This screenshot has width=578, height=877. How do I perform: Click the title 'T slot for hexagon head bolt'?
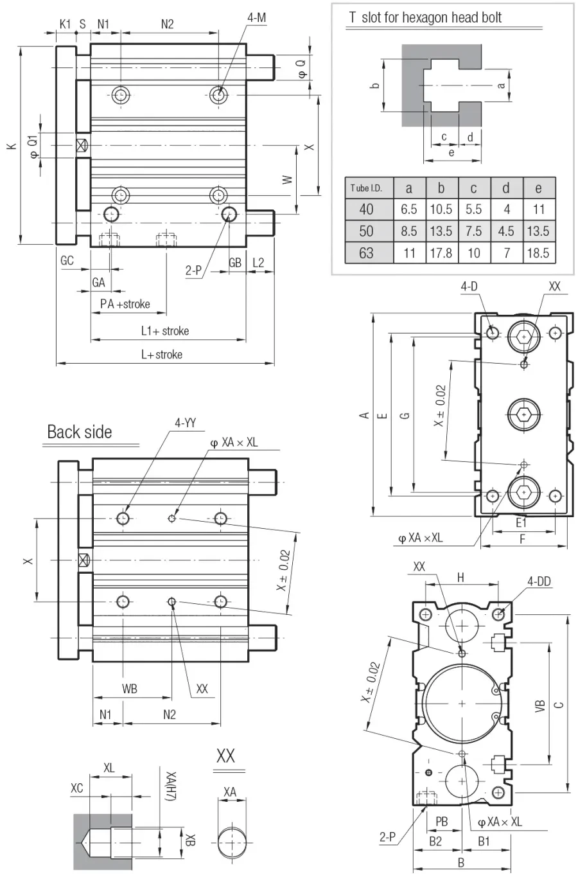tap(425, 17)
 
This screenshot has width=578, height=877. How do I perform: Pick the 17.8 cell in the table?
tap(441, 253)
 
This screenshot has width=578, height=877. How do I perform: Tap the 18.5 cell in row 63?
tap(538, 253)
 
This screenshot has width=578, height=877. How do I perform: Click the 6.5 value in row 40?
tap(409, 209)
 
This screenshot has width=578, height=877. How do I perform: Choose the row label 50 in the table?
tap(367, 231)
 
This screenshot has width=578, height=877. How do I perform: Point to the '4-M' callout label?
tap(257, 17)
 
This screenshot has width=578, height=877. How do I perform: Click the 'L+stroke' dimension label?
tap(162, 354)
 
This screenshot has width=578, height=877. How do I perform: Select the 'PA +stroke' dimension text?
tap(125, 304)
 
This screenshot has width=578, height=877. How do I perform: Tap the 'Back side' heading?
tap(80, 432)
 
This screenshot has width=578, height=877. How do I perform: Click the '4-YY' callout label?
tap(185, 423)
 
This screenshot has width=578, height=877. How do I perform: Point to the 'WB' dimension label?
tap(130, 689)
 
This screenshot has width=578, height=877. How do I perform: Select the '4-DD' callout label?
tap(539, 581)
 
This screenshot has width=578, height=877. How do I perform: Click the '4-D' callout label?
tap(469, 286)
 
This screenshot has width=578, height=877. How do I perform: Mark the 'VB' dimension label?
tap(539, 705)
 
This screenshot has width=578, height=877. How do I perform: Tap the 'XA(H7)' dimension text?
tap(171, 786)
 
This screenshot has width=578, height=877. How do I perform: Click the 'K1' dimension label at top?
tap(65, 24)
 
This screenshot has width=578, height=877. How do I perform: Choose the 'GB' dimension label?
tap(235, 263)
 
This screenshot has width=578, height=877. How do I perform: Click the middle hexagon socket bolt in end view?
tap(524, 414)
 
